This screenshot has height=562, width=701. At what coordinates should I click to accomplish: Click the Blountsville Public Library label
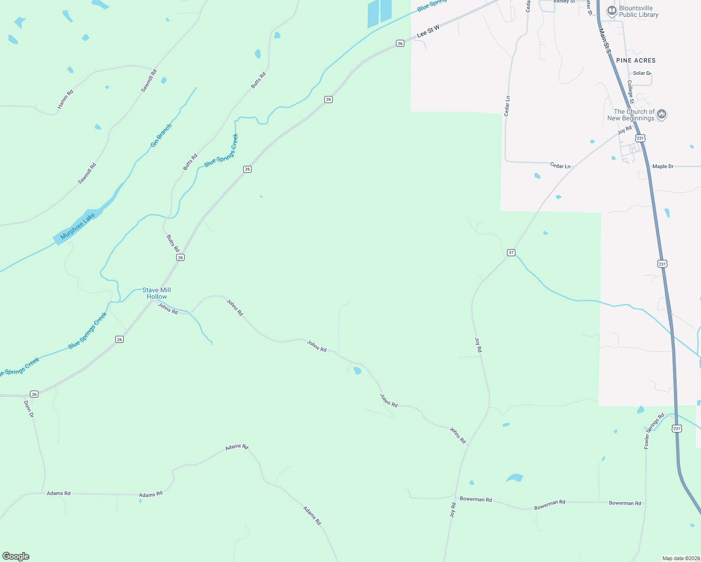click(638, 12)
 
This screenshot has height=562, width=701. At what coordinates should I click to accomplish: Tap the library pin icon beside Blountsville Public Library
click(612, 10)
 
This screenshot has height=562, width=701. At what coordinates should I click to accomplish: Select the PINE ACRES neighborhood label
click(636, 60)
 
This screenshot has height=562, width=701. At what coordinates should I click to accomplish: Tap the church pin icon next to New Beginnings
click(662, 114)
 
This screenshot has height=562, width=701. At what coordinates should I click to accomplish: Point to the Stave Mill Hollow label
click(157, 293)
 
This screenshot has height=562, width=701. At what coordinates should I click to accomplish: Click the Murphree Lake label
click(78, 226)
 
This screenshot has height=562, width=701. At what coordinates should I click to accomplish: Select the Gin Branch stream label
click(161, 135)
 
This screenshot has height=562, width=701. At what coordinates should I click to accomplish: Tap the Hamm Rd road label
click(66, 99)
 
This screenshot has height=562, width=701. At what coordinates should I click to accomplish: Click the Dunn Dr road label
click(29, 408)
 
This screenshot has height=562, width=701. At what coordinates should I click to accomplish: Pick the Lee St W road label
click(428, 31)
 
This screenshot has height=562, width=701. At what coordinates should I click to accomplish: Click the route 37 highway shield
click(511, 252)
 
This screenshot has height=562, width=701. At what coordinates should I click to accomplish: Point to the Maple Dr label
click(663, 166)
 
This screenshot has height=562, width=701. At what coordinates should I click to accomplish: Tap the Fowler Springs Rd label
click(654, 431)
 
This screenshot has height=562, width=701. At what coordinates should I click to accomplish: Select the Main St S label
click(605, 41)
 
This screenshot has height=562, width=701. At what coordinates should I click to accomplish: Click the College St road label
click(631, 92)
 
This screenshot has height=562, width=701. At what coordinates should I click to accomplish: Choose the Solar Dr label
click(642, 73)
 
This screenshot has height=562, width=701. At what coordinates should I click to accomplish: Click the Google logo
click(16, 556)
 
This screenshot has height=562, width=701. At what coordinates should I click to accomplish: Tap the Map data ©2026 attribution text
click(680, 558)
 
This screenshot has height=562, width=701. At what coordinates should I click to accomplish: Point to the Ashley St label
click(564, 2)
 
